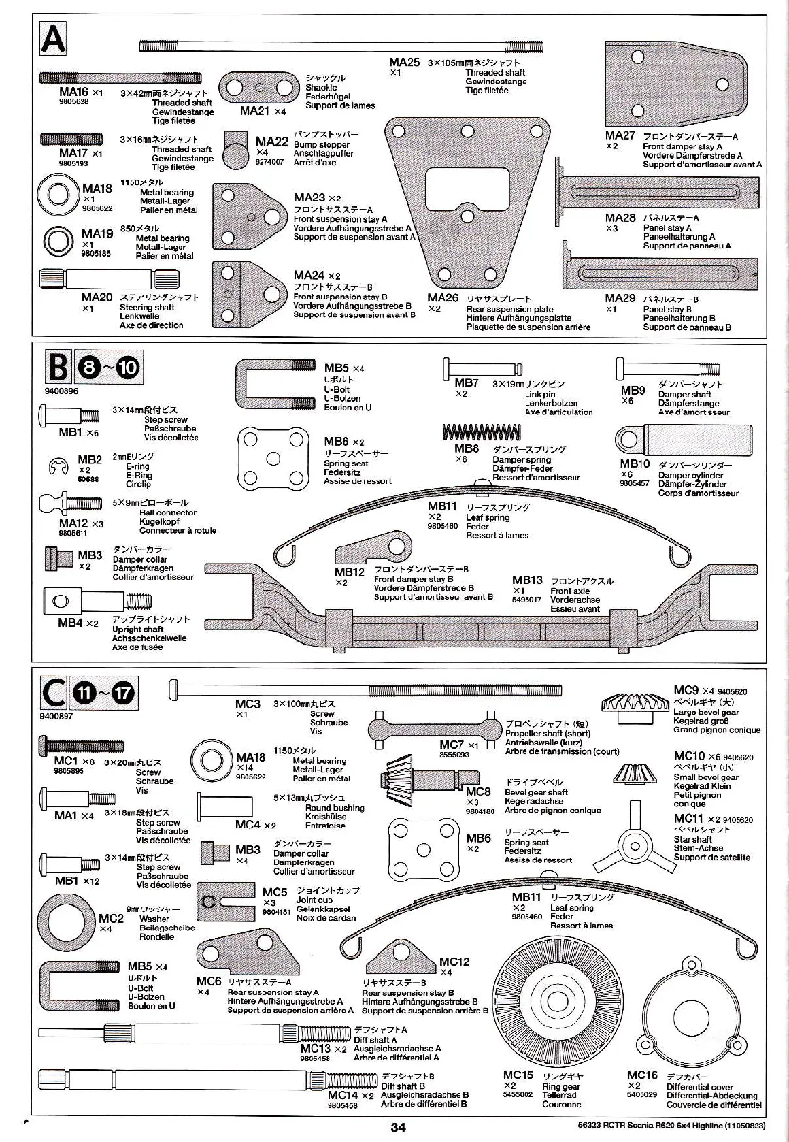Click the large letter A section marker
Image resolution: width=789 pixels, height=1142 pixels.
pos(52,39)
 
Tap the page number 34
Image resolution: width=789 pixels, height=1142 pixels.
pos(398,1127)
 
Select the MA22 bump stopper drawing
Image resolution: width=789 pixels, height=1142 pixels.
pos(235,153)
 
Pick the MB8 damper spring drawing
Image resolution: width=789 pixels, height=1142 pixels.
pos(482,432)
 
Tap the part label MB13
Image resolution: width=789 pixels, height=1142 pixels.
pos(527,581)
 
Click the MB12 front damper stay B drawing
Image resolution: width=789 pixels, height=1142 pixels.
pos(373,549)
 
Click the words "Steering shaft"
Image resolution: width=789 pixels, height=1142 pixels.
pos(147,307)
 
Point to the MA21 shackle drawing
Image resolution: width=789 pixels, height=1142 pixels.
pos(260,87)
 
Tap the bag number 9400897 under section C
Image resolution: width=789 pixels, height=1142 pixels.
pos(56,716)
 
